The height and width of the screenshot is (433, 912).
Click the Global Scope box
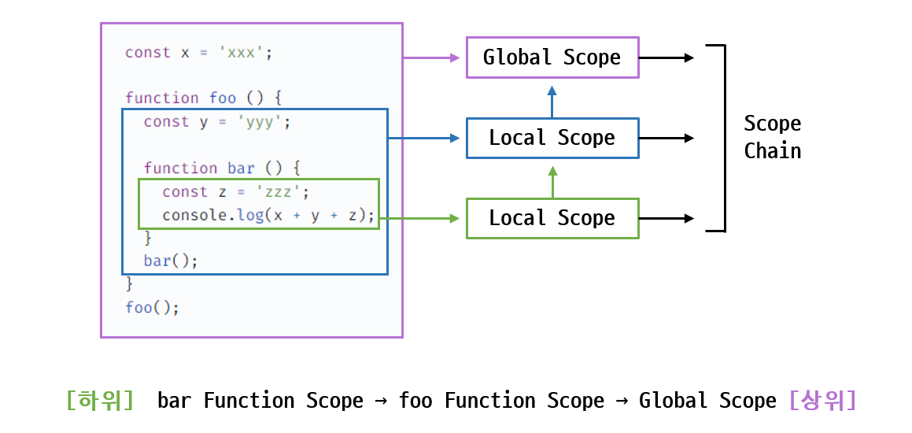tap(552, 57)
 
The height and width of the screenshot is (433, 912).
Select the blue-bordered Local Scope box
tap(552, 138)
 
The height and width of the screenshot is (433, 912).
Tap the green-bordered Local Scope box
tap(552, 218)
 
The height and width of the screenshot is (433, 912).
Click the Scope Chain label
tap(773, 137)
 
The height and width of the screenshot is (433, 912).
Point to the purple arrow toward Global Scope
tap(431, 57)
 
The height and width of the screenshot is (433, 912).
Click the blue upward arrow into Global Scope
tap(552, 102)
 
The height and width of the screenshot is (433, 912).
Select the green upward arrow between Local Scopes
tap(552, 182)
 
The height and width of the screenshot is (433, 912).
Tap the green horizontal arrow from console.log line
tap(419, 218)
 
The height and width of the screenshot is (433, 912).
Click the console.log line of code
tap(268, 216)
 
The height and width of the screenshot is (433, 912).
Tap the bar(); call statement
tap(171, 261)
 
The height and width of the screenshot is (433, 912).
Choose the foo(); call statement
tap(153, 307)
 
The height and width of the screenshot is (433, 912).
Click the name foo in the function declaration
tap(223, 98)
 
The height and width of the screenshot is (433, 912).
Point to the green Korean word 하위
tap(101, 401)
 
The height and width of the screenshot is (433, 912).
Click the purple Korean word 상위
tap(822, 401)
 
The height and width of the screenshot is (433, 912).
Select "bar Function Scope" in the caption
tap(260, 401)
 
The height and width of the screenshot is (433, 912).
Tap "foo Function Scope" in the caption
tap(501, 401)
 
